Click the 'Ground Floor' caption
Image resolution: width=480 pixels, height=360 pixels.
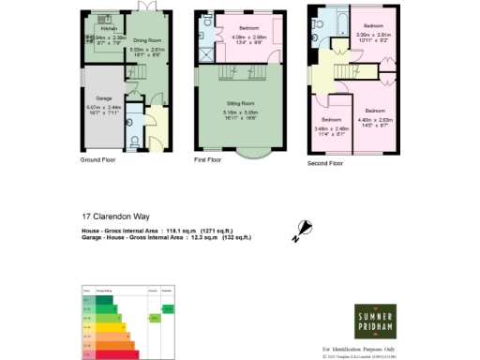pyautogui.click(x=97, y=160)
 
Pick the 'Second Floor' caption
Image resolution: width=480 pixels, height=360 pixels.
pyautogui.click(x=325, y=163)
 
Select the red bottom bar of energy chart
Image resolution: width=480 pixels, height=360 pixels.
pyautogui.click(x=110, y=354)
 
